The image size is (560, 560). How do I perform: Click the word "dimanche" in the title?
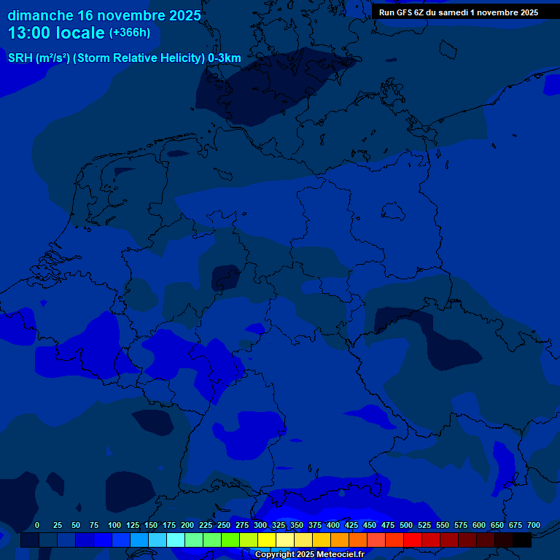point(40,15)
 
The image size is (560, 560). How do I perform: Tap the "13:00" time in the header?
point(31,33)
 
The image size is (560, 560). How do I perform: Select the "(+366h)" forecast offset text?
point(130,33)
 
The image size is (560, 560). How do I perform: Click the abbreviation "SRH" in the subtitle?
point(20,58)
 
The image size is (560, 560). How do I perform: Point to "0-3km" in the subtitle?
point(225,58)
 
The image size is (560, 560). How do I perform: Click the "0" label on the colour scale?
point(37,525)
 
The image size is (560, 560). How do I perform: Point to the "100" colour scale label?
point(114,525)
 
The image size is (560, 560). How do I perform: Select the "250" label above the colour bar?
point(224,525)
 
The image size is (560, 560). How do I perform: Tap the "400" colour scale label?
point(333,525)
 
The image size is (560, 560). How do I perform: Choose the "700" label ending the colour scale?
point(534,525)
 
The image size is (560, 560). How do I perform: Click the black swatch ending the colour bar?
point(522,540)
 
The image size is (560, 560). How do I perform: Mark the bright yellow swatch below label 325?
point(267,540)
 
